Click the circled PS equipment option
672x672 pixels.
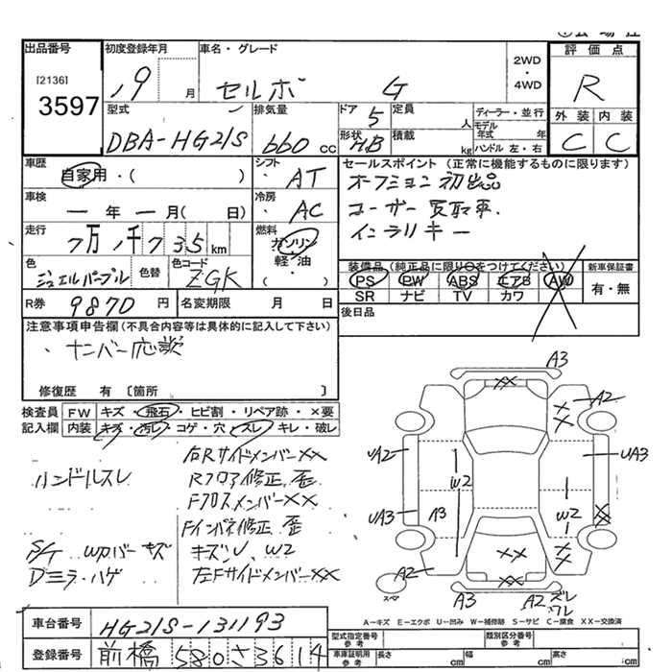click(x=364, y=279)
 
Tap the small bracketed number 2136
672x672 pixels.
click(x=52, y=81)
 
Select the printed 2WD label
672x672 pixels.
click(x=527, y=60)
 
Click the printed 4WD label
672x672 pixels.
click(x=527, y=84)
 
